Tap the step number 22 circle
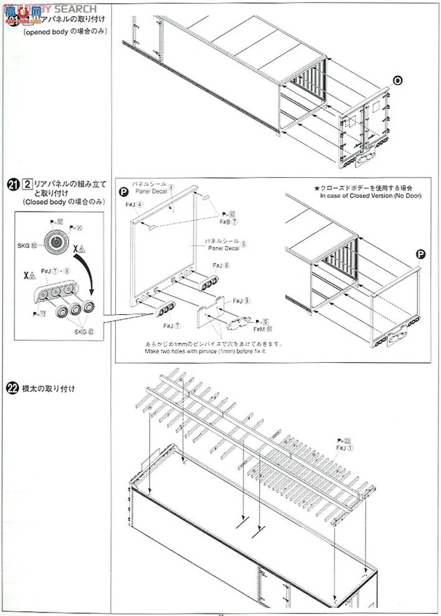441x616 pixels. point(13,388)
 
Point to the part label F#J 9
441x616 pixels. point(237,301)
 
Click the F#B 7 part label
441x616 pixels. point(212,221)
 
